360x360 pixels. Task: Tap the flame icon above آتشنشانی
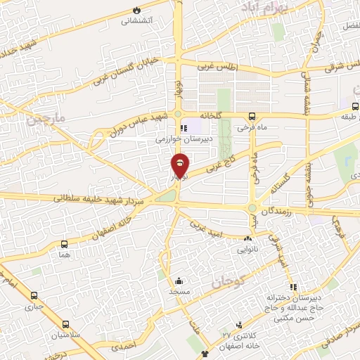click(x=137, y=11)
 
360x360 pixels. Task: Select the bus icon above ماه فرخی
click(x=252, y=117)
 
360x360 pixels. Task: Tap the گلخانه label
click(x=210, y=114)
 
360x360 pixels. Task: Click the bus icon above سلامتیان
click(x=66, y=324)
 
